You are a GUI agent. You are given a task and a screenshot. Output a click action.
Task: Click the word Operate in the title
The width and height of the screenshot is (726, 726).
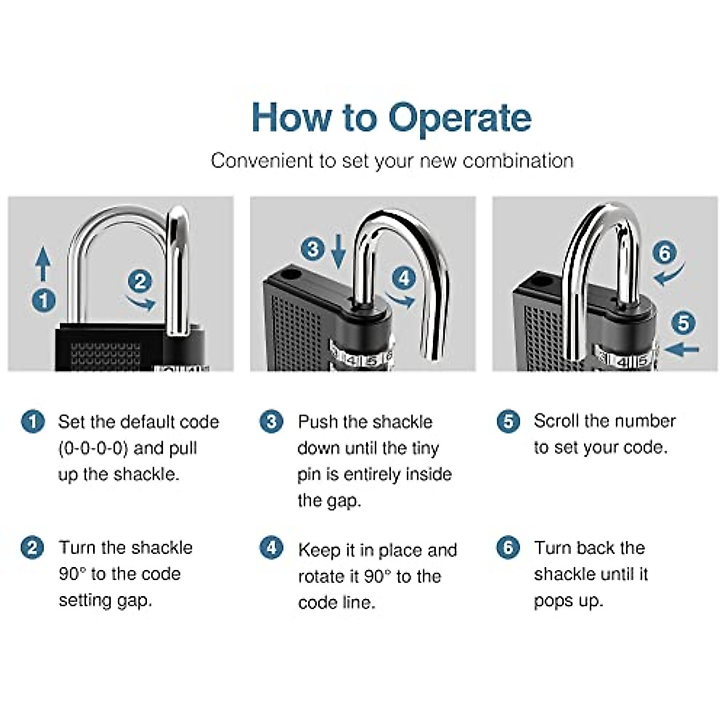pyautogui.click(x=460, y=118)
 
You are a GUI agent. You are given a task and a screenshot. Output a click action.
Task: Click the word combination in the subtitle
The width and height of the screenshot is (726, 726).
pyautogui.click(x=518, y=161)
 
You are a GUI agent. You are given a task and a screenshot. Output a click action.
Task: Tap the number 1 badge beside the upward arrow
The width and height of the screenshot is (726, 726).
pyautogui.click(x=44, y=300)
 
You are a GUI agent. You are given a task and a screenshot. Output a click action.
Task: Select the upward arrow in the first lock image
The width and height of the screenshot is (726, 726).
pyautogui.click(x=42, y=264)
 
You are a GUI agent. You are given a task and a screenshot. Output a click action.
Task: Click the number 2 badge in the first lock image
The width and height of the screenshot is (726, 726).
pyautogui.click(x=140, y=281)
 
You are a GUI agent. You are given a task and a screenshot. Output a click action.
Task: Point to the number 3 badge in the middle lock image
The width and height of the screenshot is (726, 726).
pyautogui.click(x=313, y=249)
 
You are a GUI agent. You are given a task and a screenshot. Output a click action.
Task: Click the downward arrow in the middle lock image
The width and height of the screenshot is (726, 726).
pyautogui.click(x=338, y=250)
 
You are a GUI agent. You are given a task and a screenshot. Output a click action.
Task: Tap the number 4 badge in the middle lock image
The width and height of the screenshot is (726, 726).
pyautogui.click(x=404, y=278)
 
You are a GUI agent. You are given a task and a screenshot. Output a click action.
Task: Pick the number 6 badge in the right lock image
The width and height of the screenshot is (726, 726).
pyautogui.click(x=664, y=252)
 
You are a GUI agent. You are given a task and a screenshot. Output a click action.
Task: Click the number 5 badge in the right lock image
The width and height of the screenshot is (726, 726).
pyautogui.click(x=683, y=322)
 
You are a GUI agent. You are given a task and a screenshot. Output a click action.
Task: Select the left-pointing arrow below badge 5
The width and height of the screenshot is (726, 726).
pyautogui.click(x=682, y=349)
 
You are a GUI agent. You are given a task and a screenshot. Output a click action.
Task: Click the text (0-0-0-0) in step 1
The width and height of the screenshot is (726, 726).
pyautogui.click(x=93, y=448)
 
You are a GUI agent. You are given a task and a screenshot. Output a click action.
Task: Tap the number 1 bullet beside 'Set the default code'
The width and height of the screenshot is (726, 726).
pyautogui.click(x=33, y=421)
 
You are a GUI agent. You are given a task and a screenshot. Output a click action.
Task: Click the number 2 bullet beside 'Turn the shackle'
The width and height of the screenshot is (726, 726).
pyautogui.click(x=33, y=548)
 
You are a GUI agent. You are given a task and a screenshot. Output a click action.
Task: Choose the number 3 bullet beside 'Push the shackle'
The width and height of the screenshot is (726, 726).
pyautogui.click(x=271, y=421)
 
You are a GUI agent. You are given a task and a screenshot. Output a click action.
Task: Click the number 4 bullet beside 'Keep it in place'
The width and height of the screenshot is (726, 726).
pyautogui.click(x=271, y=548)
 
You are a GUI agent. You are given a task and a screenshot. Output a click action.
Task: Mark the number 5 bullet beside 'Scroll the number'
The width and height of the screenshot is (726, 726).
pyautogui.click(x=508, y=421)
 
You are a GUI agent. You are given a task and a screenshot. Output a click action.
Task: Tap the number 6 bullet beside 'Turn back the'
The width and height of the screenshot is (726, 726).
pyautogui.click(x=508, y=548)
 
